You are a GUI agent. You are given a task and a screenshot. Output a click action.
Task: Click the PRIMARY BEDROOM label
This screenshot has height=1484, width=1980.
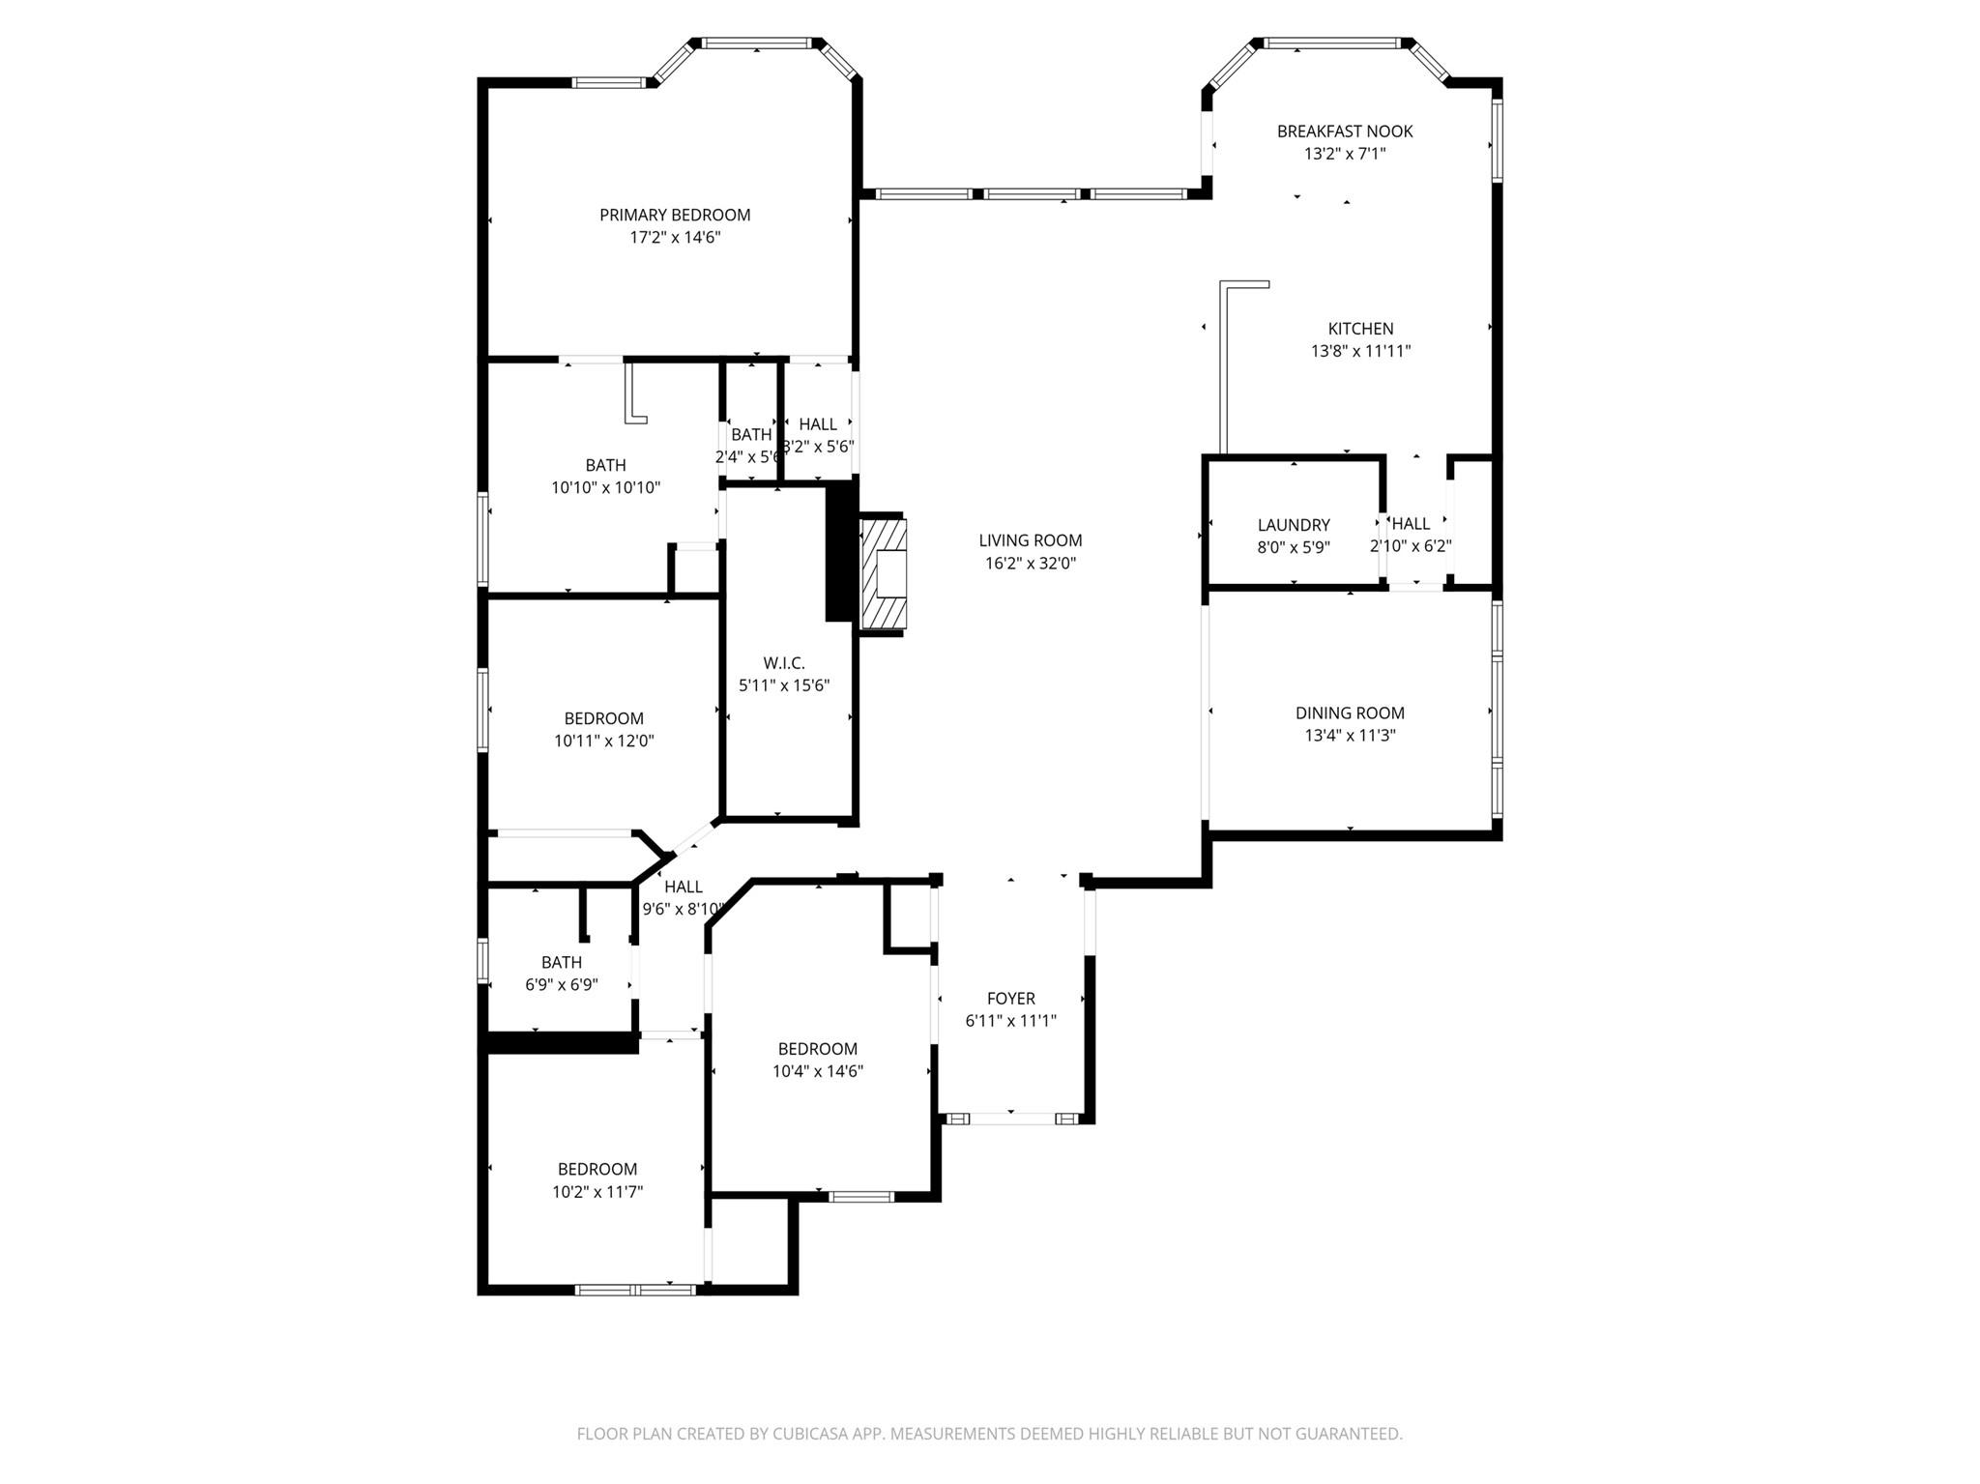click(675, 215)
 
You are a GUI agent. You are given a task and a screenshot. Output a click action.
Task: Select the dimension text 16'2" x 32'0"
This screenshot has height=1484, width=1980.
click(1030, 563)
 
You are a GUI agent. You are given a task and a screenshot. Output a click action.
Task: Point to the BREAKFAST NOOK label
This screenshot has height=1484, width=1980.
click(1344, 131)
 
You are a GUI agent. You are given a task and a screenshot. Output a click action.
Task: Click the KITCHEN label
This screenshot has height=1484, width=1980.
click(1360, 329)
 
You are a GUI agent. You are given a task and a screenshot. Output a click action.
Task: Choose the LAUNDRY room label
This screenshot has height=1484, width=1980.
click(1294, 525)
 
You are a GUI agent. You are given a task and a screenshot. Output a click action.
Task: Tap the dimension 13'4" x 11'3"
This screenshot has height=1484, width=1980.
click(1350, 735)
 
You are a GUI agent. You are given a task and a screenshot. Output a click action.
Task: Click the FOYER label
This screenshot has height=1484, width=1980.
click(1010, 999)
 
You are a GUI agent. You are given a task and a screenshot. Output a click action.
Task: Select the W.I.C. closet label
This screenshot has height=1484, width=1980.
click(783, 663)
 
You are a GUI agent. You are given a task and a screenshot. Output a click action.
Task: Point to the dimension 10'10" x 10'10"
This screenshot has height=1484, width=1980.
click(605, 488)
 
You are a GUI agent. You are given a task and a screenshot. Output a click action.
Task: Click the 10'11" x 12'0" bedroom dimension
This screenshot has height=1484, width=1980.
click(604, 742)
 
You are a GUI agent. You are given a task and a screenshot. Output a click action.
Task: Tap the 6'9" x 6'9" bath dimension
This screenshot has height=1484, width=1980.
click(562, 985)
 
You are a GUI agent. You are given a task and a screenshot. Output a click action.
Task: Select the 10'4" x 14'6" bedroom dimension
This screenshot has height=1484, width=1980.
click(817, 1071)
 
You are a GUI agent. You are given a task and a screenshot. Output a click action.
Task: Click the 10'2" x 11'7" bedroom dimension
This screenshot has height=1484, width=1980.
click(597, 1192)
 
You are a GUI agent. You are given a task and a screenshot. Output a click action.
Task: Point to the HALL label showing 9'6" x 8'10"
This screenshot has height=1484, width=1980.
click(683, 887)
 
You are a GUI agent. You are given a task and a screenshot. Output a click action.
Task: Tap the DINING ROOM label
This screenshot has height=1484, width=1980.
click(1350, 713)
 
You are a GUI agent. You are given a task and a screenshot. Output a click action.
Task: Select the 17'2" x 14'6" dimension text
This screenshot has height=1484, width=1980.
click(675, 237)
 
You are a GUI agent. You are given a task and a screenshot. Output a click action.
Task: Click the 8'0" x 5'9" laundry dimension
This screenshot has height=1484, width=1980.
click(1294, 547)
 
